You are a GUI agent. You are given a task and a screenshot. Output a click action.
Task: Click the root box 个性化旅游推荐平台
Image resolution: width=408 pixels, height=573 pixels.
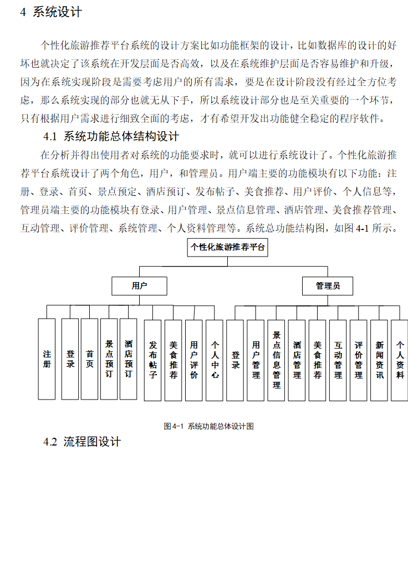click(x=227, y=247)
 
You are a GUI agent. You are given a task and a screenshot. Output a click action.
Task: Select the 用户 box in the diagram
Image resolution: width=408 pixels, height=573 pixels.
click(x=139, y=286)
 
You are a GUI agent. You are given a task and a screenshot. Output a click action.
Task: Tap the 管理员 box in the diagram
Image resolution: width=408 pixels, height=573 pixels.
click(x=328, y=286)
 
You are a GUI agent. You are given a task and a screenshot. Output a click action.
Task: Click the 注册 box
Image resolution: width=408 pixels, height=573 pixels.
click(x=47, y=359)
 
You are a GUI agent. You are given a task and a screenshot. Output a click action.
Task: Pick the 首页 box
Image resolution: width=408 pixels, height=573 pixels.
click(x=89, y=359)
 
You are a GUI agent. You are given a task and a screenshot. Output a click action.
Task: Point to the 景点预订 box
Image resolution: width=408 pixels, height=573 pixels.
click(x=109, y=359)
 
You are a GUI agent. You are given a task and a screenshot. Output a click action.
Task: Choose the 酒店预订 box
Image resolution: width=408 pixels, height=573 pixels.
click(x=128, y=359)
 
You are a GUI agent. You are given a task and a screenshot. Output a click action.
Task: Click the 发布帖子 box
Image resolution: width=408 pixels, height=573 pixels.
click(x=153, y=360)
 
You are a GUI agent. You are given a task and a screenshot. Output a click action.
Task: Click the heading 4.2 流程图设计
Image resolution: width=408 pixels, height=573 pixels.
click(x=82, y=442)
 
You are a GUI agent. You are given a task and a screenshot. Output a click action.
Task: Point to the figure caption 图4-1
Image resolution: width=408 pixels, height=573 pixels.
click(x=208, y=426)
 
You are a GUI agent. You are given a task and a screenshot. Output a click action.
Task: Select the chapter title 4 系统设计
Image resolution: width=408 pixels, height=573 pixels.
click(x=51, y=12)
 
